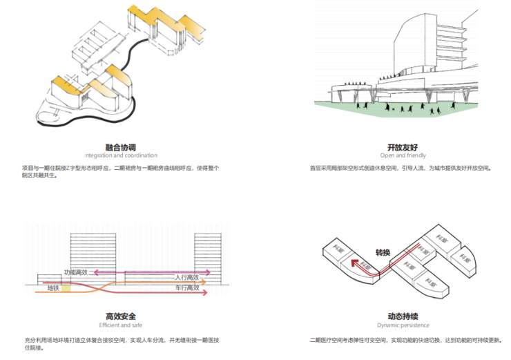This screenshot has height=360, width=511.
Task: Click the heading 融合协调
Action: [121, 146]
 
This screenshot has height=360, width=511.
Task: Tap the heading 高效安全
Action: [119, 316]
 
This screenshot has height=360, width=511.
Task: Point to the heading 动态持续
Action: [401, 316]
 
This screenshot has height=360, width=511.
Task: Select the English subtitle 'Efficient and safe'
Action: [120, 325]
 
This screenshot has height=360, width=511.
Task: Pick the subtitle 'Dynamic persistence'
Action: [401, 325]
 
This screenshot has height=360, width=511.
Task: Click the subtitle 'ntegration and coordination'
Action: [121, 155]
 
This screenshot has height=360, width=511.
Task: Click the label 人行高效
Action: [187, 277]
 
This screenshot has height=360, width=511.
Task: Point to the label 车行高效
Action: [186, 287]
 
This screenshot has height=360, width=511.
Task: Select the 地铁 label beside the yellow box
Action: [52, 288]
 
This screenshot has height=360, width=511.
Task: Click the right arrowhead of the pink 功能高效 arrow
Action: [209, 272]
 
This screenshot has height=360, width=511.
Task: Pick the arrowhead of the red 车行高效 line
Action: [205, 293]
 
